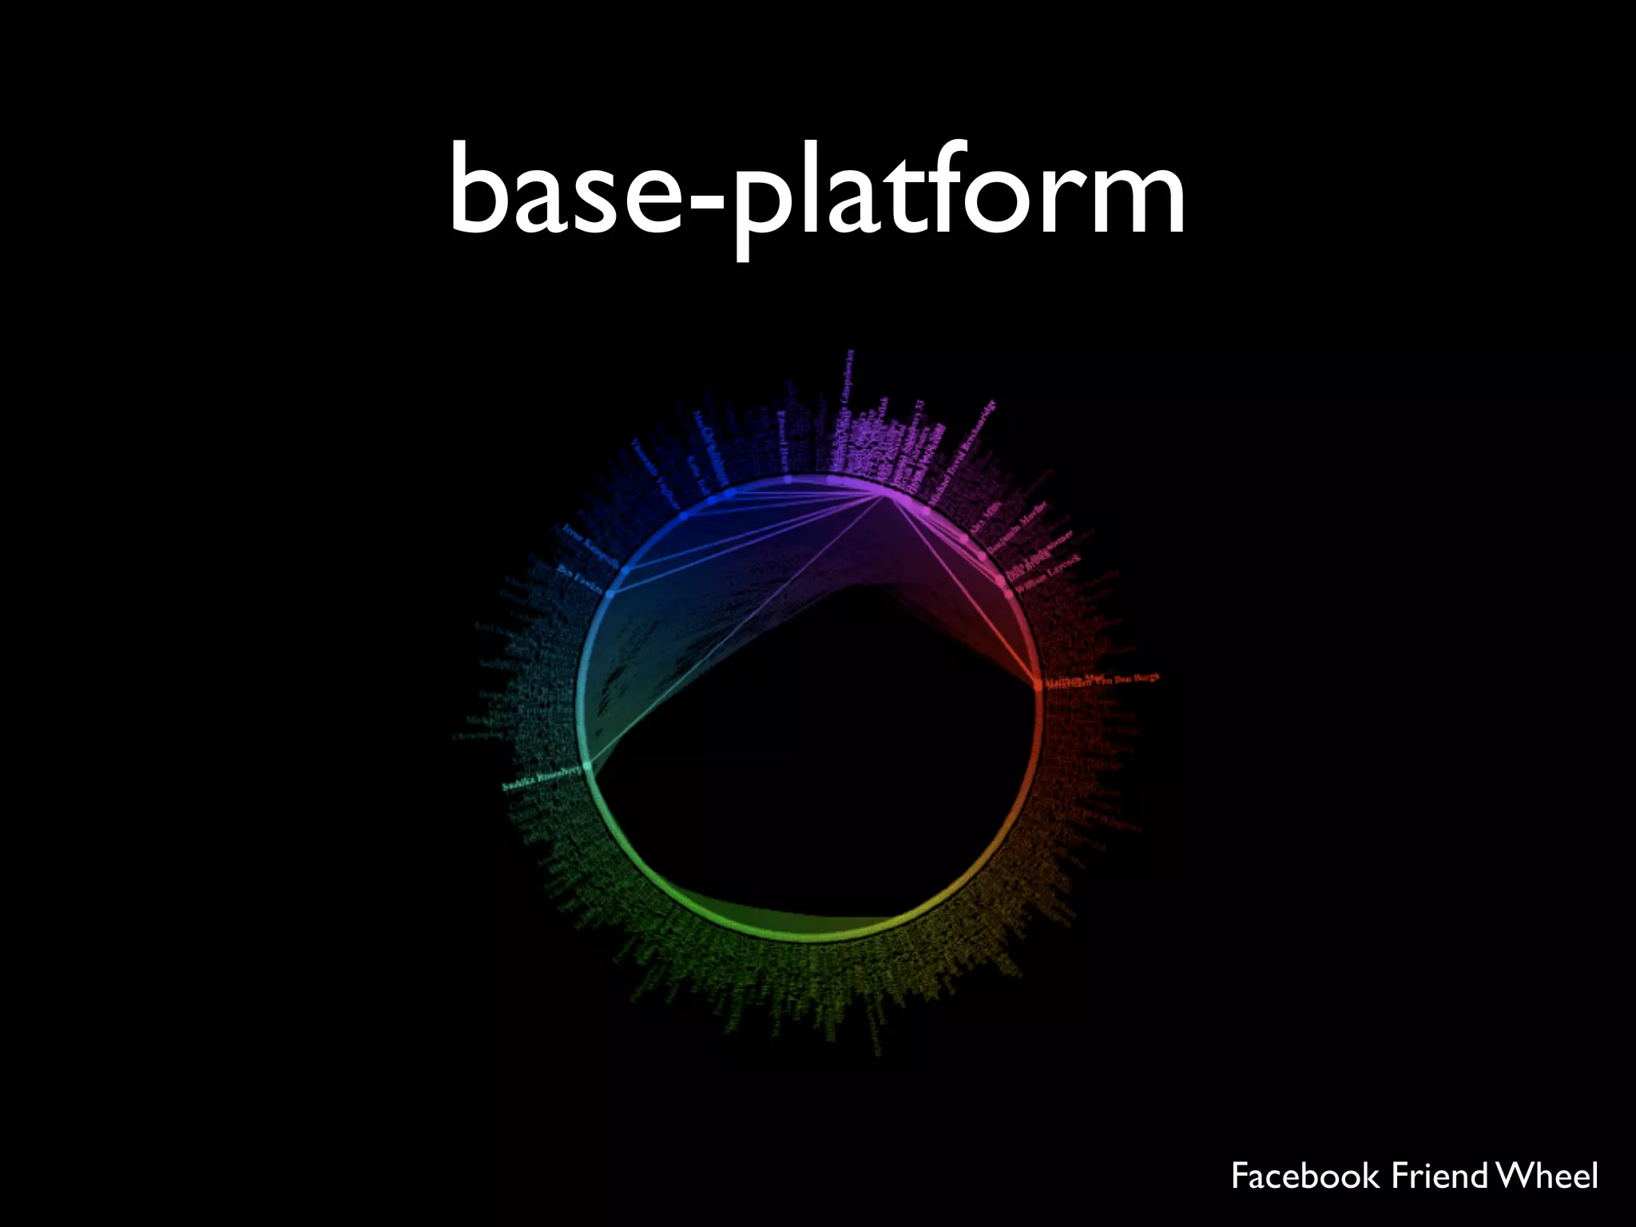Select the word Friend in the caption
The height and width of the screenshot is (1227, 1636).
point(1440,1176)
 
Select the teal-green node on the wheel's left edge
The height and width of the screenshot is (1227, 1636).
point(589,766)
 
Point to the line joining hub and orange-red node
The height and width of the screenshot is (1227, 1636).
point(963,591)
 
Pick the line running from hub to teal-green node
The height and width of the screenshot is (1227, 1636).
point(735,631)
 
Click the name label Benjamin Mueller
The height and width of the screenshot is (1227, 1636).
point(1016,533)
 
